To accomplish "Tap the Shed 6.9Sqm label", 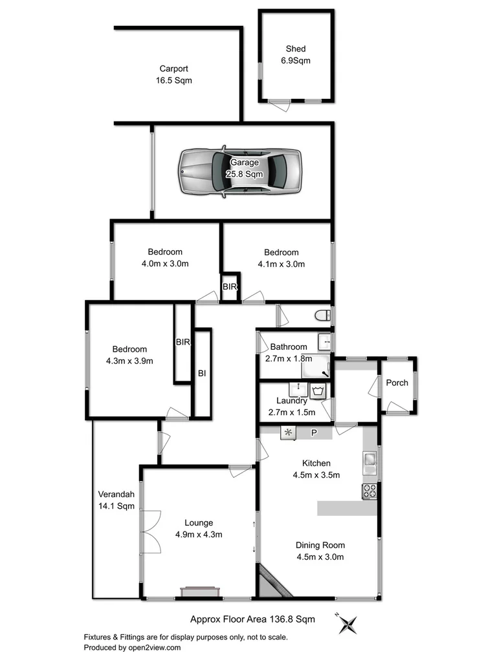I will point(296,54).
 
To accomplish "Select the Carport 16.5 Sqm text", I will point(174,75).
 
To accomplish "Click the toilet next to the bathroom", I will point(324,315).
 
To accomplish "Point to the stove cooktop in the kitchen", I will point(370,491).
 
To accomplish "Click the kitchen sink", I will point(371,460).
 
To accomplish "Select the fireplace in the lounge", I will point(200,592).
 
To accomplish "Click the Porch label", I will point(397,383).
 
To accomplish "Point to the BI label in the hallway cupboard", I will point(202,373).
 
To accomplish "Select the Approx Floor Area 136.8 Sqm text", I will point(252,619).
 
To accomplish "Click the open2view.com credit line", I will point(133,647).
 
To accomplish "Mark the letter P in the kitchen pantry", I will point(314,432).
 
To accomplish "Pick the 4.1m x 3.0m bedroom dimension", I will point(282,264).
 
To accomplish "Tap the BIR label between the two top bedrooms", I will point(230,286).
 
